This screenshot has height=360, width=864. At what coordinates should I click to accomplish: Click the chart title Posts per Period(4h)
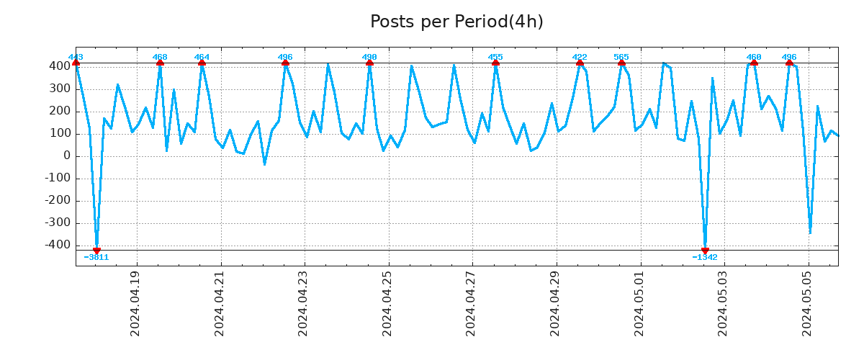coord(456,22)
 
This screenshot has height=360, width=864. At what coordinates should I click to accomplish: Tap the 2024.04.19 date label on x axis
coord(135,303)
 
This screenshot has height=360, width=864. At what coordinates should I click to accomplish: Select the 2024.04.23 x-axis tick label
coord(303,303)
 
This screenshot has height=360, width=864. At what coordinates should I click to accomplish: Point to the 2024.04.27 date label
coord(471,303)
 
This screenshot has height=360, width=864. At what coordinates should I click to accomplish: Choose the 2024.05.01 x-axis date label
coord(639,303)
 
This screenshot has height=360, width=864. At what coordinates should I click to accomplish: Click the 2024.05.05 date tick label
coord(806,303)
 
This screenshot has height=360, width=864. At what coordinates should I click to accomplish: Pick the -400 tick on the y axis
coord(58,246)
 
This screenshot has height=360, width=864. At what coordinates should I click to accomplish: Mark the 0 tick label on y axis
coord(67,156)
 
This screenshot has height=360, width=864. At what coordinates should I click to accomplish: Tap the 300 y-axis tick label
coord(60,89)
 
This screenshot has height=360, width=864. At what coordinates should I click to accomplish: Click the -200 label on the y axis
coord(58,201)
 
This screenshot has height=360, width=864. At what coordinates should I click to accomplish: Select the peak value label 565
coord(621,57)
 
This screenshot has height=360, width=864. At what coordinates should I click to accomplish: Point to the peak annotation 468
coord(160,57)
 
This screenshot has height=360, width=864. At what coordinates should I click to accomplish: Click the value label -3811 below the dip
coord(96,257)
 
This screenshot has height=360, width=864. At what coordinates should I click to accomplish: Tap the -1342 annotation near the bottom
coord(705,257)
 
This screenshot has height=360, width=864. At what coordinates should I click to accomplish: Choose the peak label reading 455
coord(495,57)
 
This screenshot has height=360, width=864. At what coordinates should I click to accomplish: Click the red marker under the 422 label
coord(580,63)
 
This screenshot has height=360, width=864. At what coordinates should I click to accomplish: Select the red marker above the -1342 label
coord(705,250)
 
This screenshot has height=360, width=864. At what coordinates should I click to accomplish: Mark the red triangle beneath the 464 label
coord(202,63)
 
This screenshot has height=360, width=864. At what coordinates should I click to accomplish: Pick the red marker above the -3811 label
coord(96,250)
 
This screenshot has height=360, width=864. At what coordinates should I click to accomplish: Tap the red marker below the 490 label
coord(369,63)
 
